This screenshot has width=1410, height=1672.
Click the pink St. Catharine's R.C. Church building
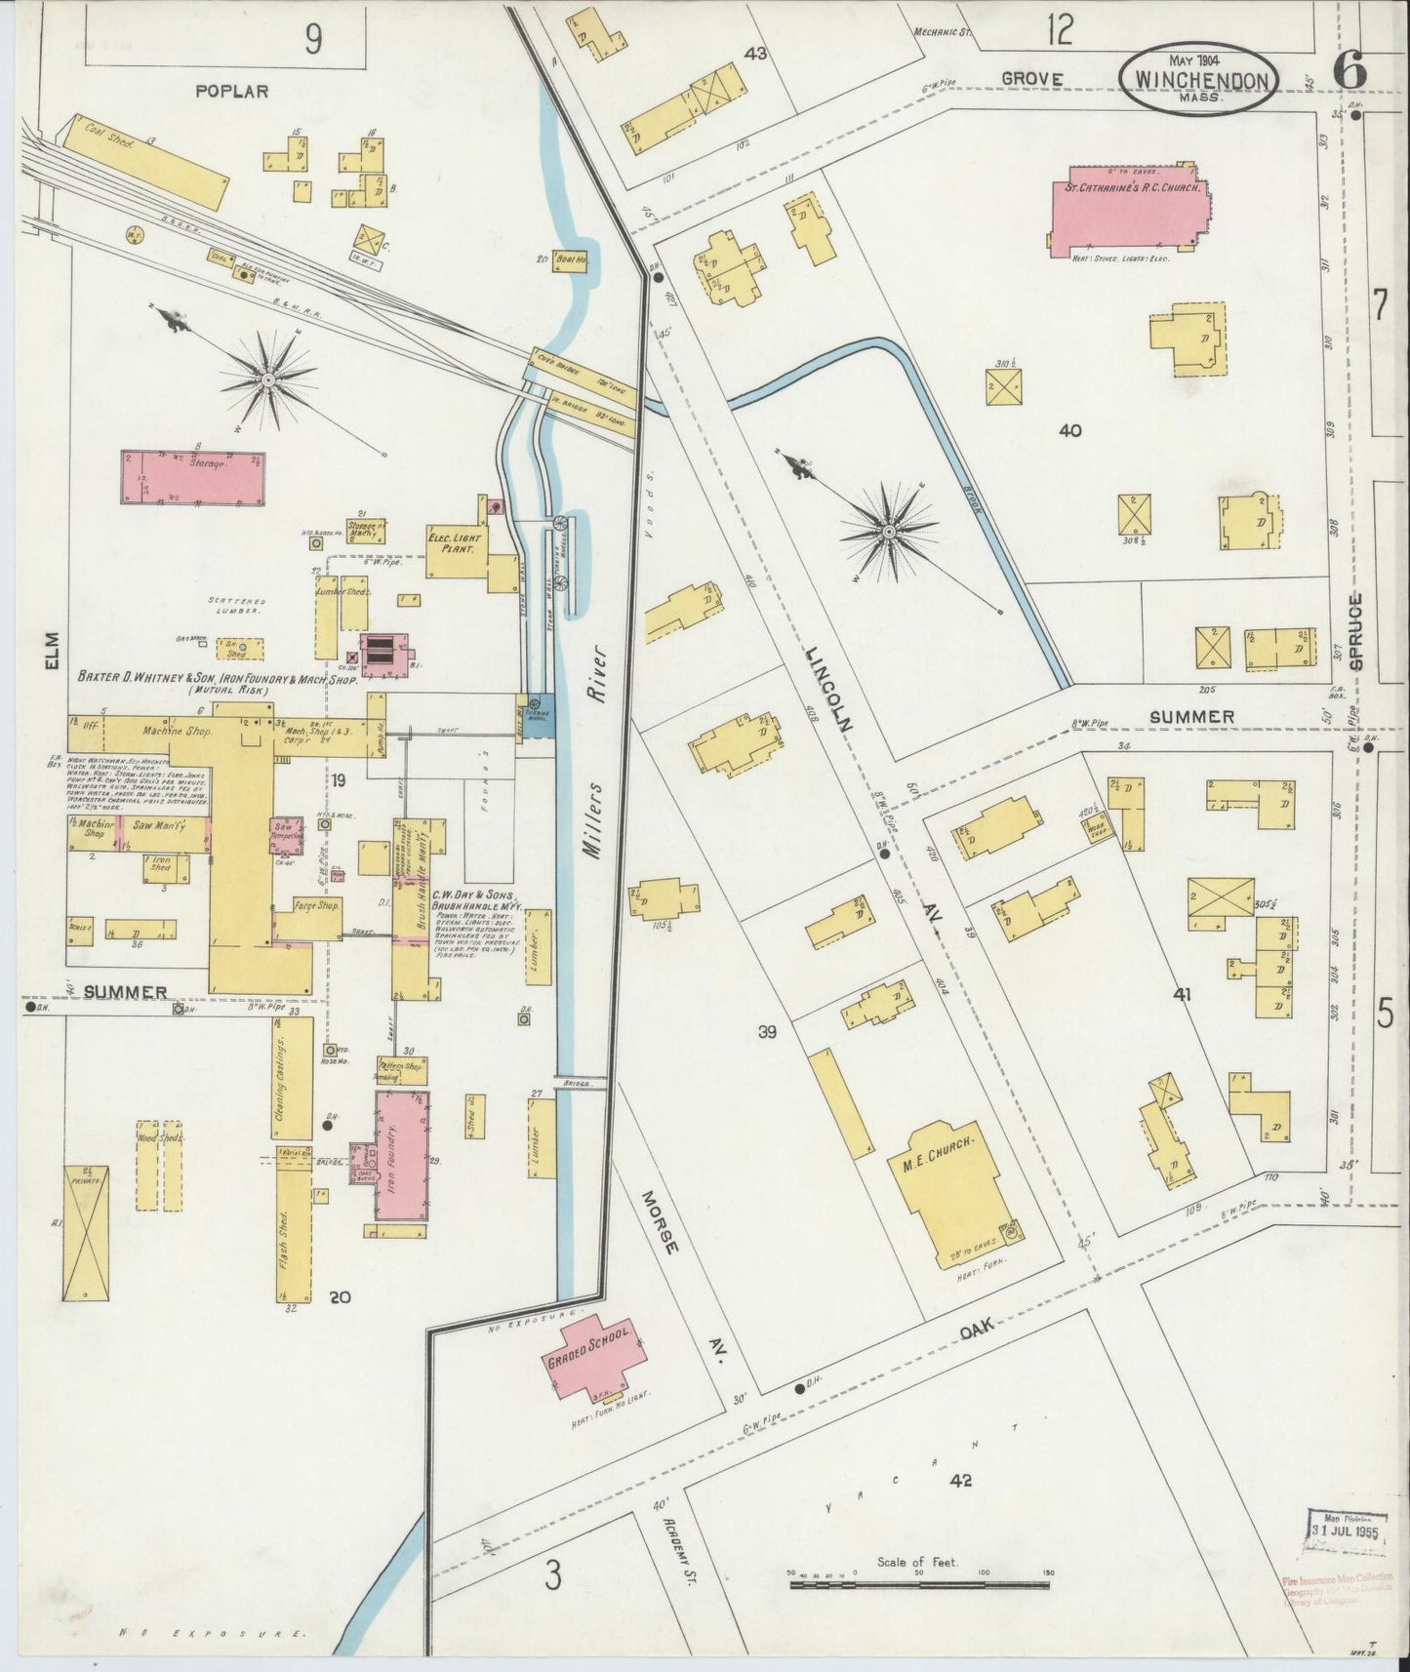[1127, 210]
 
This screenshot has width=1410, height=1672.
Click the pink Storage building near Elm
[192, 478]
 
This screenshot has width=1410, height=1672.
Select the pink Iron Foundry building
[402, 1156]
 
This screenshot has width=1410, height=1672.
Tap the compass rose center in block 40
[889, 531]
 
